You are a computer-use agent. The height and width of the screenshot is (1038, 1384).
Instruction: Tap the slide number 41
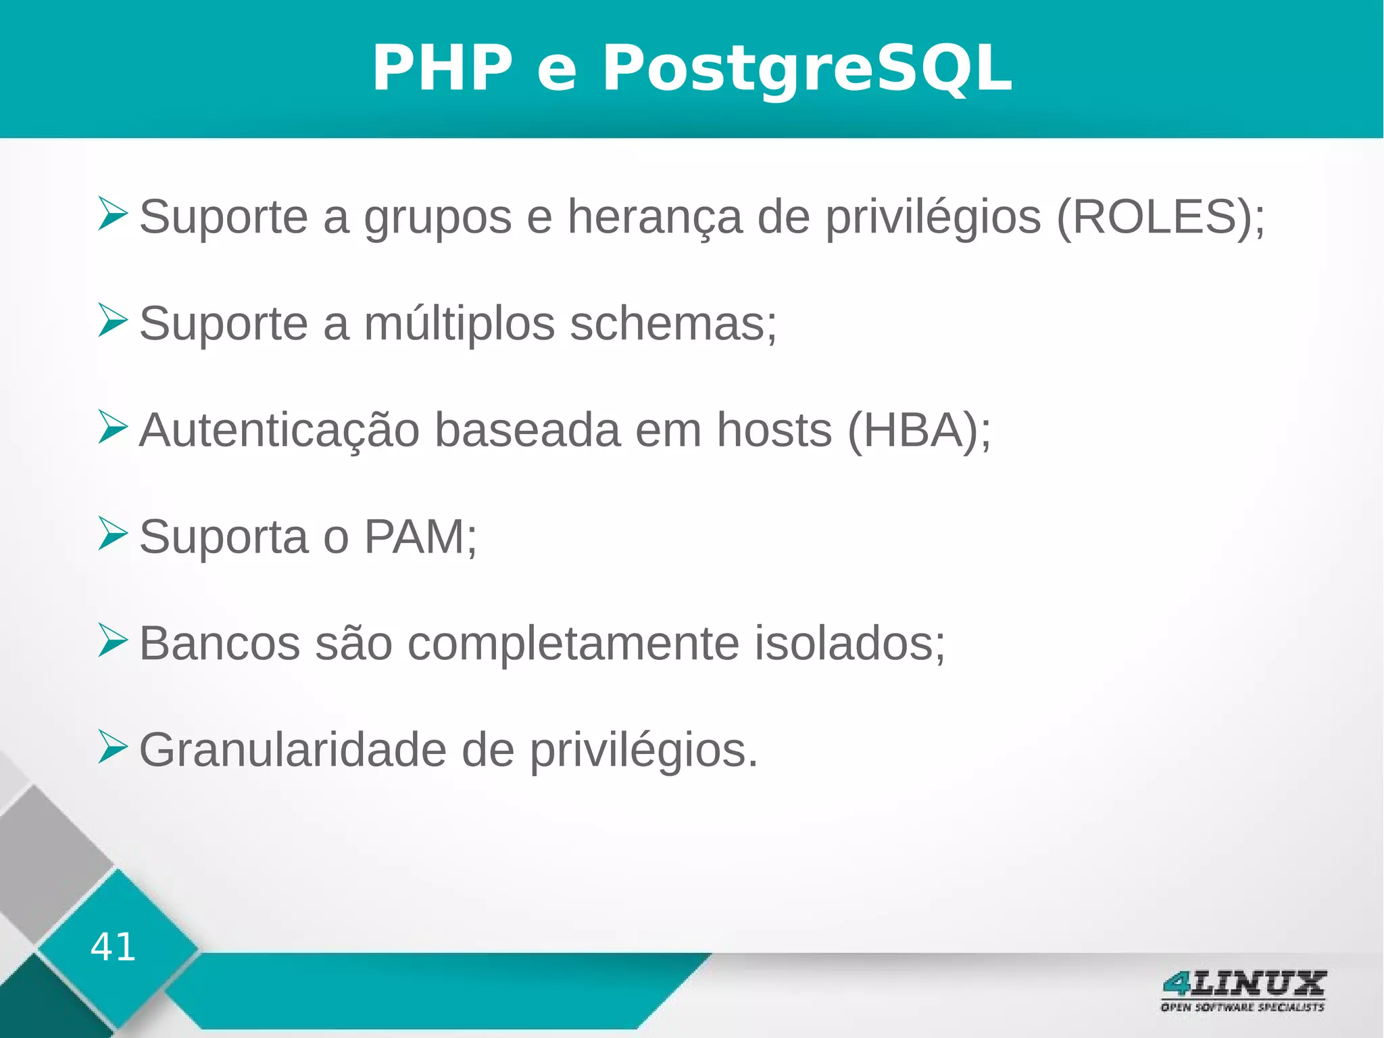[x=113, y=947]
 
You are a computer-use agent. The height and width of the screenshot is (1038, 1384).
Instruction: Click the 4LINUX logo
[x=1243, y=991]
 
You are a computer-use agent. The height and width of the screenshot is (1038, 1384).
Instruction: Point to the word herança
[x=654, y=218]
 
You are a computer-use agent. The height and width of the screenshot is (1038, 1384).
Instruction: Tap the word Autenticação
[x=279, y=430]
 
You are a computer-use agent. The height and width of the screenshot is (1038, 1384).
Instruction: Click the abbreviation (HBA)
[x=912, y=430]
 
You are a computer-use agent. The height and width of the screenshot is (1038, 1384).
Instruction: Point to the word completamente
[x=573, y=644]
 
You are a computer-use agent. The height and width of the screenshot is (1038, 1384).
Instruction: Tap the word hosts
[x=774, y=430]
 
